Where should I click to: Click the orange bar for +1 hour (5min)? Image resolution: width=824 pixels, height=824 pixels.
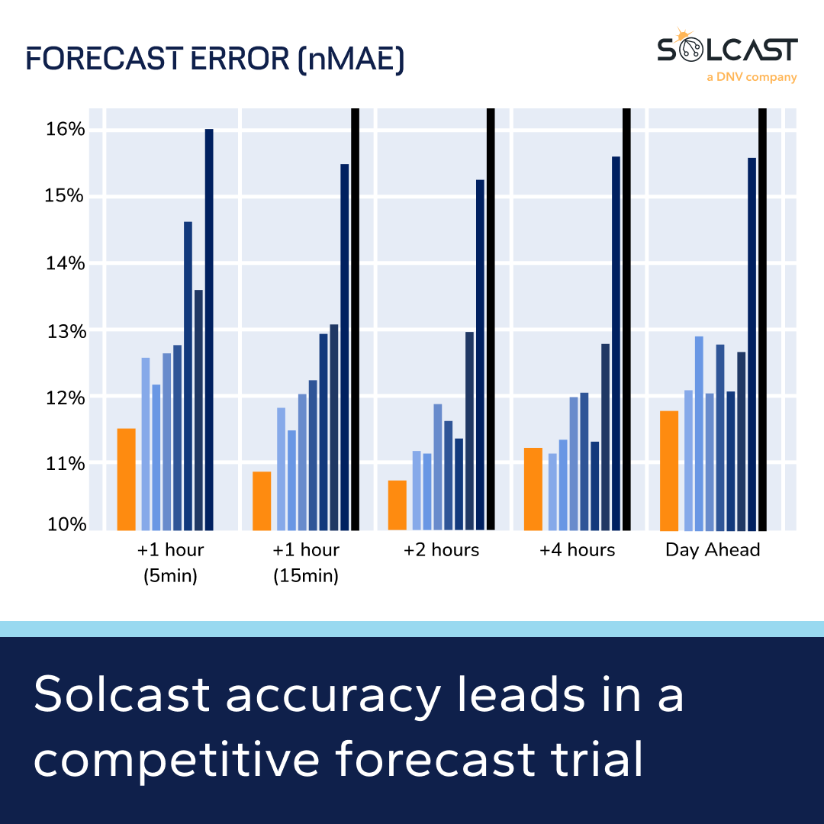tap(126, 479)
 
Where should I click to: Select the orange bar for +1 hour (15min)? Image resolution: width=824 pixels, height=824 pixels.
tap(262, 501)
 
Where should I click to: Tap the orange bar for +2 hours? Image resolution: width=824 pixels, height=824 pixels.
tap(398, 505)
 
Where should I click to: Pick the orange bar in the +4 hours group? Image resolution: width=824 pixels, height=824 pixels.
tap(533, 488)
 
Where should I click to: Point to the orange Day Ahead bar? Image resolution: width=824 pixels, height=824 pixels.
tap(669, 471)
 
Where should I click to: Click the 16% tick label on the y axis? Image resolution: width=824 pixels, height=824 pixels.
tap(66, 129)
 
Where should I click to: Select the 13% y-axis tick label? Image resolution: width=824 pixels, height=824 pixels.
tap(66, 331)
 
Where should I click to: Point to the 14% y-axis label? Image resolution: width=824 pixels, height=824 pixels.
tap(66, 264)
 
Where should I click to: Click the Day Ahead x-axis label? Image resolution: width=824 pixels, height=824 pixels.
tap(713, 550)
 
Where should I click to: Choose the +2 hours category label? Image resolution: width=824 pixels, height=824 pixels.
tap(441, 550)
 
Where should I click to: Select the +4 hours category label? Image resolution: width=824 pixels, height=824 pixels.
tap(577, 550)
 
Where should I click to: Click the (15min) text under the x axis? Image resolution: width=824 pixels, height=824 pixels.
tap(306, 576)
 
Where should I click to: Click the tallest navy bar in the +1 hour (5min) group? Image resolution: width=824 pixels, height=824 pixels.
tap(209, 330)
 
